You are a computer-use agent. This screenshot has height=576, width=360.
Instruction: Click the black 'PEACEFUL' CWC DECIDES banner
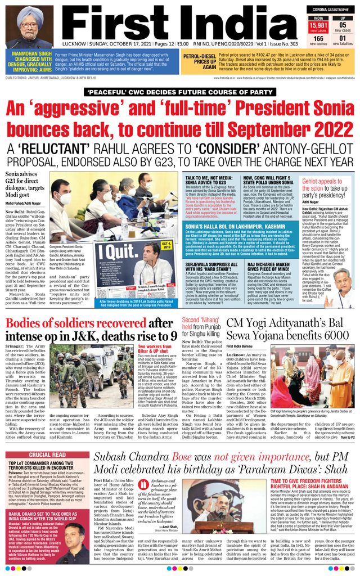tap(180, 91)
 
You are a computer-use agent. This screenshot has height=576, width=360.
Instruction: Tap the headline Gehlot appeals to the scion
tap(328, 186)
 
